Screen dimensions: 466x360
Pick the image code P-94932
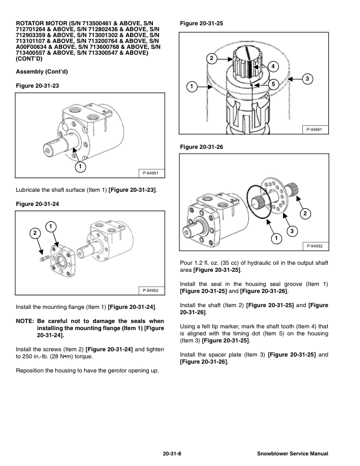click(x=315, y=246)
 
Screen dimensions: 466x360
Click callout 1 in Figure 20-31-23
click(x=78, y=166)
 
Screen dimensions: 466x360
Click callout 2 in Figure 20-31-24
click(x=34, y=234)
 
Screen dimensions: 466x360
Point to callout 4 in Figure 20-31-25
click(x=273, y=66)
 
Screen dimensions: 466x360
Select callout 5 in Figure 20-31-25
click(x=273, y=85)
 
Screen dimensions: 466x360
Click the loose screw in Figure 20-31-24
click(x=43, y=257)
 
